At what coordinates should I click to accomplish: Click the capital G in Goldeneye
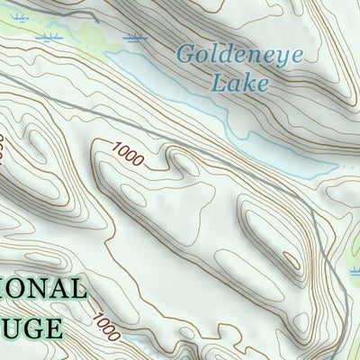click(x=184, y=53)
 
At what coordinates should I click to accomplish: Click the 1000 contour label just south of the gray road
click(x=129, y=155)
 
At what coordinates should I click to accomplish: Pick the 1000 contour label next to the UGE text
click(x=104, y=321)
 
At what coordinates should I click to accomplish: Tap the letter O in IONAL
click(x=24, y=290)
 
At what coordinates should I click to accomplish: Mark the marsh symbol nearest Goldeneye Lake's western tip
click(x=137, y=39)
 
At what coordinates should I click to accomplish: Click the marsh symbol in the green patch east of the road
click(x=353, y=270)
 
